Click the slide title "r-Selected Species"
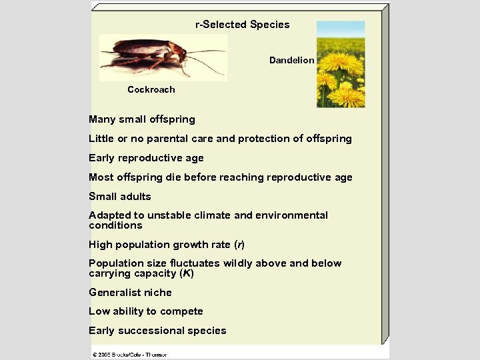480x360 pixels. [x=242, y=25]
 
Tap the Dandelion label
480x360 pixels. [x=291, y=60]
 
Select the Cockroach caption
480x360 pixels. [x=151, y=89]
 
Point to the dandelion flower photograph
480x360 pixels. [x=341, y=64]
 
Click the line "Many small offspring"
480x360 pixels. [x=142, y=119]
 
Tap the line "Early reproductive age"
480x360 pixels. [x=146, y=158]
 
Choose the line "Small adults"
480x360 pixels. [x=120, y=197]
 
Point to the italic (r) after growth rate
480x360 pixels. [x=240, y=245]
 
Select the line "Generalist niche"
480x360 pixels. [x=130, y=293]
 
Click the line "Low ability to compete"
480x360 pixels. [x=145, y=311]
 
